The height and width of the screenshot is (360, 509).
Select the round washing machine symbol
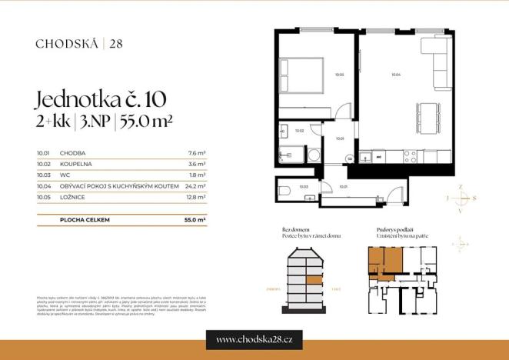314,155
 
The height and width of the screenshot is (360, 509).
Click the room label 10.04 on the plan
395,75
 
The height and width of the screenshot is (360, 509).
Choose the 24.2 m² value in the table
197,185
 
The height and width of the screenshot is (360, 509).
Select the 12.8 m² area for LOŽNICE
197,196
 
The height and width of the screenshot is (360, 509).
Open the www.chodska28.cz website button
254,339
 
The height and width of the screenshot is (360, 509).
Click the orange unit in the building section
314,280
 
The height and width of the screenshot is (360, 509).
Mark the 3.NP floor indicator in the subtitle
95,121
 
